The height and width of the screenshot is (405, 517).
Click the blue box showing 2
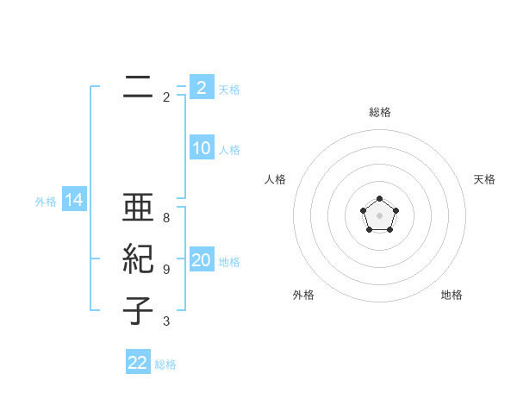click(x=201, y=88)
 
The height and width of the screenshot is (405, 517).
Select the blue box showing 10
click(x=201, y=148)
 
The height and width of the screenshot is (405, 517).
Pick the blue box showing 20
click(x=201, y=260)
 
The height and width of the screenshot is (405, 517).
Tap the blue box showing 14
click(x=74, y=201)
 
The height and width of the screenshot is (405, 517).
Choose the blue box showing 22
click(x=138, y=362)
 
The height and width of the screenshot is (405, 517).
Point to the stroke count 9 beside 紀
click(x=166, y=270)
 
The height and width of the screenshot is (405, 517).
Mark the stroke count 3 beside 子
click(x=166, y=322)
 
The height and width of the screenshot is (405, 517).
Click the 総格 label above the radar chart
click(x=379, y=113)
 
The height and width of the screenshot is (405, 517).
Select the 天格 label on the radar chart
click(x=485, y=179)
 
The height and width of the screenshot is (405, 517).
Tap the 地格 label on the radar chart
click(x=452, y=295)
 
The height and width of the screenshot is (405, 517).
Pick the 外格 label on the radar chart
click(x=303, y=295)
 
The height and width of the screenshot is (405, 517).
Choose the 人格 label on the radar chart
click(x=275, y=179)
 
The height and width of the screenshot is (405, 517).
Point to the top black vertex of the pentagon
click(x=379, y=199)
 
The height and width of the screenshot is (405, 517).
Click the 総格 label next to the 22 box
click(x=165, y=364)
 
